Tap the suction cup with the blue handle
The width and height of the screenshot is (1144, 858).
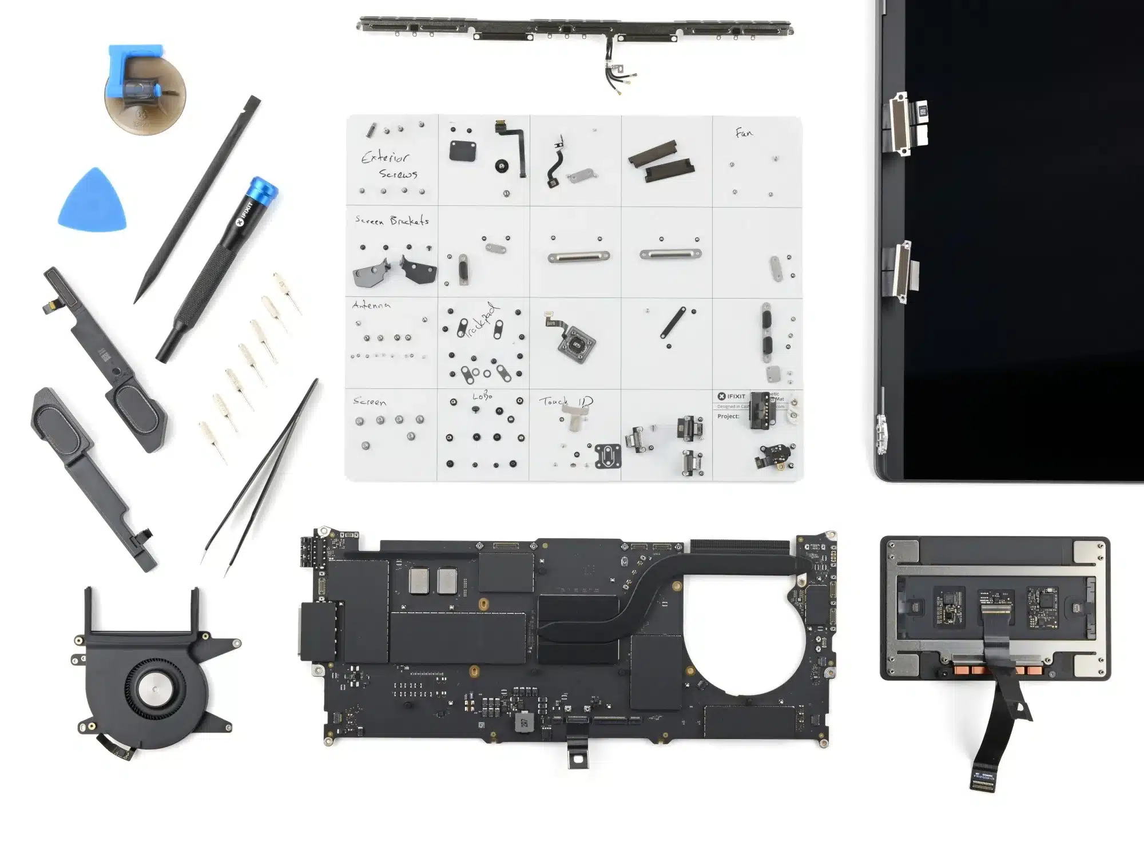tap(144, 92)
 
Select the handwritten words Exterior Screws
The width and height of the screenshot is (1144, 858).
tap(389, 165)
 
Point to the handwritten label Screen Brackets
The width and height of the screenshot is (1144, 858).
tap(392, 220)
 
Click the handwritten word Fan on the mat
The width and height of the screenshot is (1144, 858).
tap(744, 133)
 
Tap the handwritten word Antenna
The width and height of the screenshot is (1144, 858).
tap(371, 305)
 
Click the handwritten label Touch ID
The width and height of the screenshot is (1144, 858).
tap(565, 402)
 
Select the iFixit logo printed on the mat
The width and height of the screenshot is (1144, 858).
tap(732, 396)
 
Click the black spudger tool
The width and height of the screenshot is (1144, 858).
tap(197, 200)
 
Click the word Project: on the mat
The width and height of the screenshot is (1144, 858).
tap(728, 416)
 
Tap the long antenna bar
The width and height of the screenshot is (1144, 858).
tap(575, 27)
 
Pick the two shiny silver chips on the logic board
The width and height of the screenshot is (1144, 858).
tap(433, 580)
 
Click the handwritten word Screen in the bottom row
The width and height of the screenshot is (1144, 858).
tap(370, 402)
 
